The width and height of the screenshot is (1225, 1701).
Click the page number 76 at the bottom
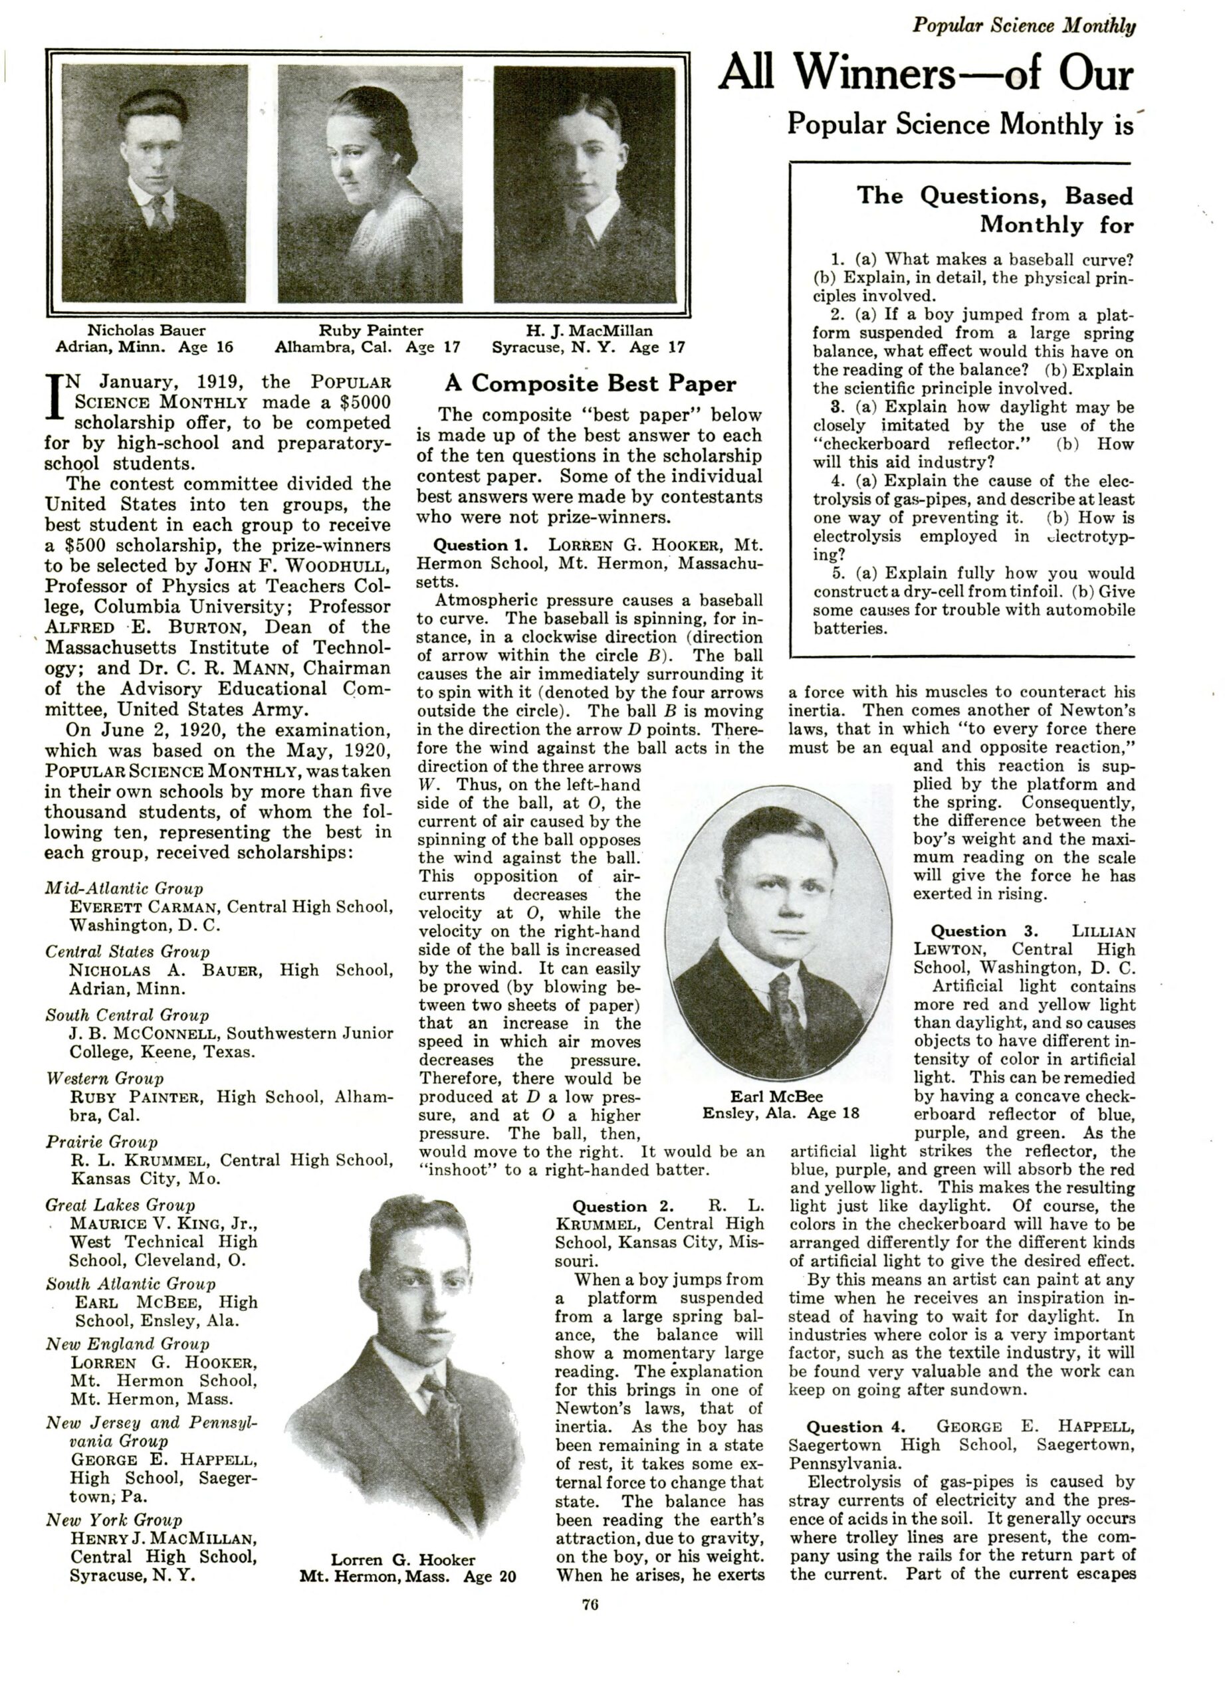click(589, 1605)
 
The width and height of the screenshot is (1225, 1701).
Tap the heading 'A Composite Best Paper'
click(590, 383)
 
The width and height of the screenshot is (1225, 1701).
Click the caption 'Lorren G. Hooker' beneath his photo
click(403, 1559)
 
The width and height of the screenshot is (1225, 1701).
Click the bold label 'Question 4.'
click(855, 1427)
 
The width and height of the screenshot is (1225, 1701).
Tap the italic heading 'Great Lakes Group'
click(120, 1205)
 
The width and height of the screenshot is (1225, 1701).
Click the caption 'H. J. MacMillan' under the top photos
click(589, 330)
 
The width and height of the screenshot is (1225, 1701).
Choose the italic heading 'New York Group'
click(114, 1520)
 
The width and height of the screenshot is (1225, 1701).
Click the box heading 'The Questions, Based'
click(995, 196)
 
